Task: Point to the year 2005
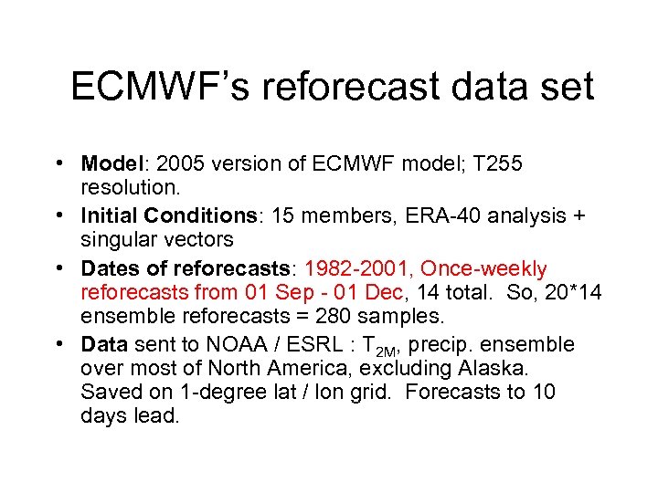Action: coord(178,164)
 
